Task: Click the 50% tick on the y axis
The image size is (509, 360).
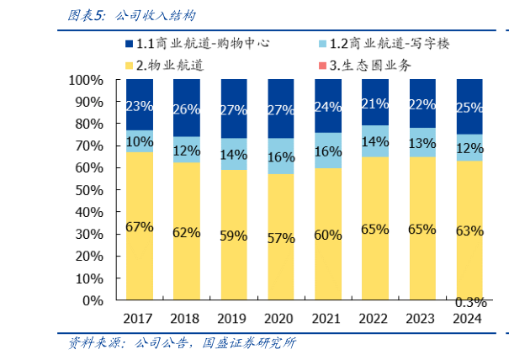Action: tap(89, 189)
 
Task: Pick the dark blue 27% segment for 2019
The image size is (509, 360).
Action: tap(233, 109)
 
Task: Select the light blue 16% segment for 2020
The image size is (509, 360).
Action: tap(280, 156)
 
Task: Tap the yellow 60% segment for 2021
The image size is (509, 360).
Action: tap(327, 234)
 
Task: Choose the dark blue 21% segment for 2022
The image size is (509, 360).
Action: tap(374, 103)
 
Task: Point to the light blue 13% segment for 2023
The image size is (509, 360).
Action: tap(422, 142)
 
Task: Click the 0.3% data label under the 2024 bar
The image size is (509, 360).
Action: tap(469, 303)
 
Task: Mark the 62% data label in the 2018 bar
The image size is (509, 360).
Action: tap(186, 231)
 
